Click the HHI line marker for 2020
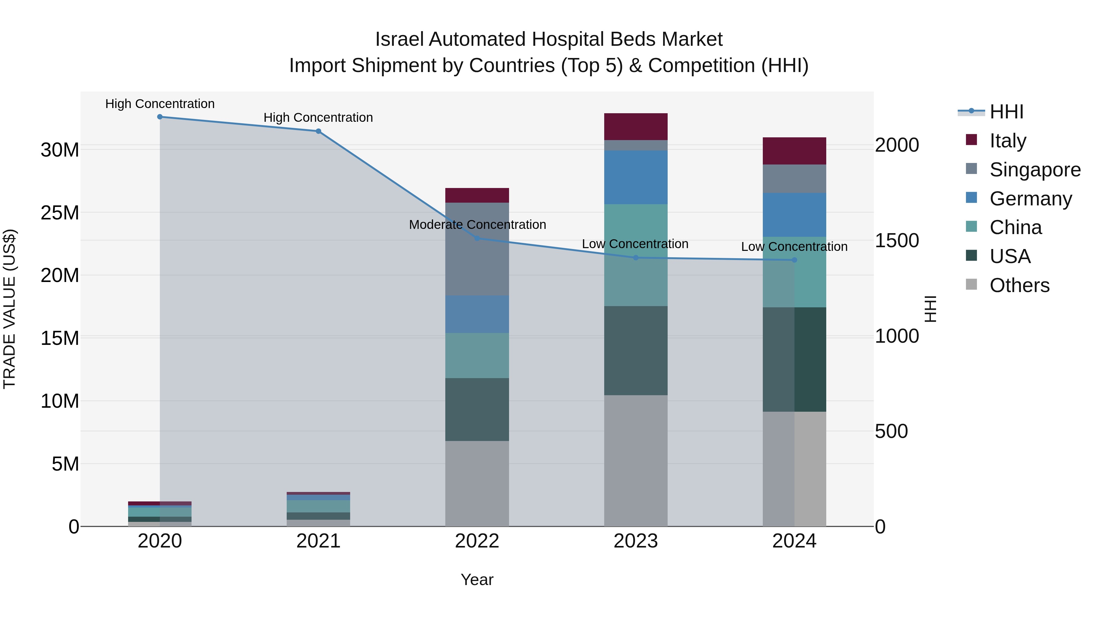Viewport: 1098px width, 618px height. pyautogui.click(x=160, y=117)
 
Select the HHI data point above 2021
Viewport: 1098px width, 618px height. pyautogui.click(x=318, y=131)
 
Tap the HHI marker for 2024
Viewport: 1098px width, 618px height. pyautogui.click(x=794, y=260)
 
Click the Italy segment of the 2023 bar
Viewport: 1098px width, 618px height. pyautogui.click(x=636, y=127)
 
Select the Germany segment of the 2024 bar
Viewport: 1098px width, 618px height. pyautogui.click(x=794, y=215)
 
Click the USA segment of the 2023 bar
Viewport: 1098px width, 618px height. pyautogui.click(x=636, y=351)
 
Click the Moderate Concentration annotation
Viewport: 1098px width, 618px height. pyautogui.click(x=477, y=225)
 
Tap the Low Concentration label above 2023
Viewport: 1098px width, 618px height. pyautogui.click(x=635, y=244)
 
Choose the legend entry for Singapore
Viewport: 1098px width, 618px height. pyautogui.click(x=1035, y=170)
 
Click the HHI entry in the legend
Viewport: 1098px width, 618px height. pyautogui.click(x=1006, y=112)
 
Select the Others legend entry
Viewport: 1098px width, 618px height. pyautogui.click(x=1019, y=285)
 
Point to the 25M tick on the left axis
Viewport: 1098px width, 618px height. pyautogui.click(x=60, y=213)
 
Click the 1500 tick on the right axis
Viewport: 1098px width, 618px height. pyautogui.click(x=897, y=240)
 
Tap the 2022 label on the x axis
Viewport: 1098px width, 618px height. pyautogui.click(x=477, y=541)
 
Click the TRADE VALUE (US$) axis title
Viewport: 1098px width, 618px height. pyautogui.click(x=9, y=309)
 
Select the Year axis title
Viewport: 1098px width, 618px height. pyautogui.click(x=477, y=580)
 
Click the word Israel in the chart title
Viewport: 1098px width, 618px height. pyautogui.click(x=399, y=39)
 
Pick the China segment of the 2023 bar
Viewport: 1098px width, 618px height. pyautogui.click(x=636, y=255)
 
